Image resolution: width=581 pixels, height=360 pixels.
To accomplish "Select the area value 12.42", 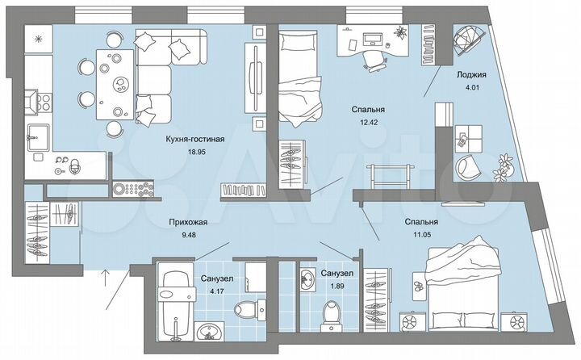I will (x=366, y=122).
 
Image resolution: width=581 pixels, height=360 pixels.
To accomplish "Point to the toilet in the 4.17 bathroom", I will (x=247, y=309).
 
